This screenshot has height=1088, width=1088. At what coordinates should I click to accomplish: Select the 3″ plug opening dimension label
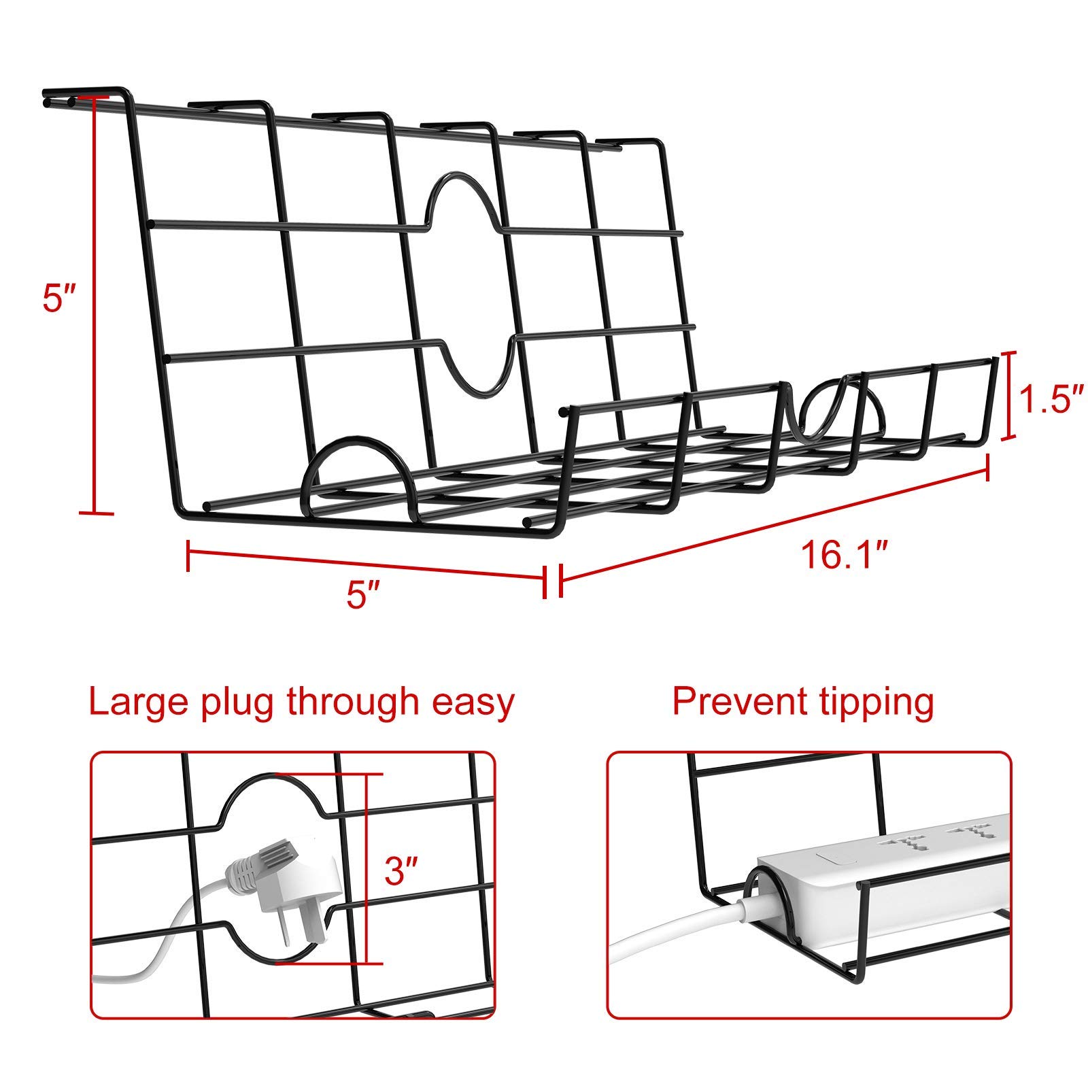point(401,870)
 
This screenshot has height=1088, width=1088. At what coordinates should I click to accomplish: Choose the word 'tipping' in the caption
point(872,704)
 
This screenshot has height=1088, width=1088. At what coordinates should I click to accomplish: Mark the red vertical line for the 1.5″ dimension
point(1009,395)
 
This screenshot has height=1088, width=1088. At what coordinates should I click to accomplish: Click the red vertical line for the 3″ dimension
point(367,868)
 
